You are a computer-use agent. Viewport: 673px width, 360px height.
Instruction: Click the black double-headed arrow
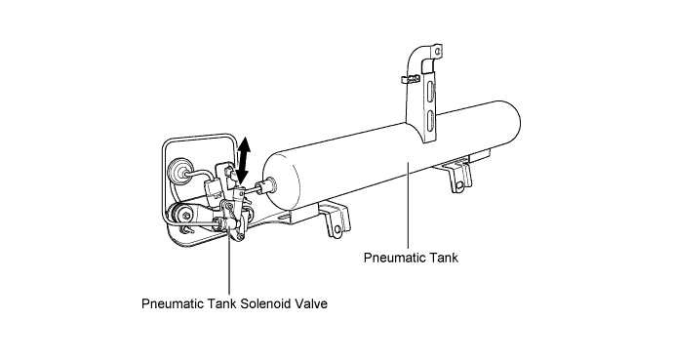tap(244, 161)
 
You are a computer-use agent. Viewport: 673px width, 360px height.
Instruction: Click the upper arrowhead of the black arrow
tap(244, 144)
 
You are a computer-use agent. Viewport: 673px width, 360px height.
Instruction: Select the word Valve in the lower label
tap(311, 303)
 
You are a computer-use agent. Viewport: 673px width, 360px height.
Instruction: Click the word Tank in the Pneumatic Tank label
tap(443, 258)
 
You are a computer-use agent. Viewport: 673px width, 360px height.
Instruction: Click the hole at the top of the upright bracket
tap(437, 52)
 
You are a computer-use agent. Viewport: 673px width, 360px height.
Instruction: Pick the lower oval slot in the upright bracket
tap(430, 120)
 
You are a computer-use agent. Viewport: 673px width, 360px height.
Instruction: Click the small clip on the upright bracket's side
tap(410, 79)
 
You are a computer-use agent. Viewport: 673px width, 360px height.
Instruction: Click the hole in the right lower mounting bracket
tap(459, 185)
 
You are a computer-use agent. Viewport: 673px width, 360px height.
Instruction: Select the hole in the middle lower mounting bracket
tap(337, 229)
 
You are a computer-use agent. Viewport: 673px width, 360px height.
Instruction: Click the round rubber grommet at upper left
tap(177, 172)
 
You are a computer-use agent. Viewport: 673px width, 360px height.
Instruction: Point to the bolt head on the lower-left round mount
tap(185, 214)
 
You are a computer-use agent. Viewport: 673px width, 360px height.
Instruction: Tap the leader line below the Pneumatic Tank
tap(408, 205)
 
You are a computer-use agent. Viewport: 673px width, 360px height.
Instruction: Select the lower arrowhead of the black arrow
tap(242, 177)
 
